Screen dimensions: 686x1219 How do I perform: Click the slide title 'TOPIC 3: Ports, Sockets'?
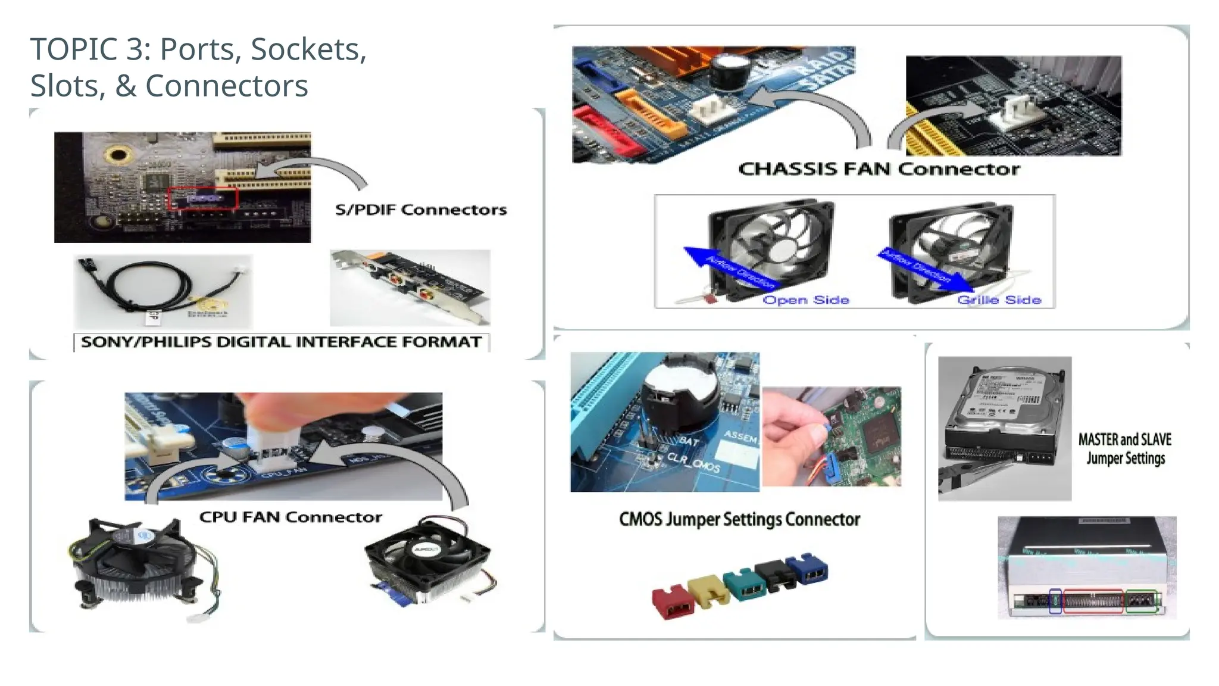[x=198, y=49]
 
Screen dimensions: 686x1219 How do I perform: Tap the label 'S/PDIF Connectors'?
[x=421, y=210]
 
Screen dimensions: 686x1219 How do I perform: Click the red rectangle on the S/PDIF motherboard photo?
[x=203, y=198]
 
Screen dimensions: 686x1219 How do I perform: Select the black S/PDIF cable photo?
[x=163, y=291]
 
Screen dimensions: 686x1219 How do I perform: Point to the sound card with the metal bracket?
[x=410, y=288]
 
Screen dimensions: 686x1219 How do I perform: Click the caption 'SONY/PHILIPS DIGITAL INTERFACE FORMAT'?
[x=281, y=342]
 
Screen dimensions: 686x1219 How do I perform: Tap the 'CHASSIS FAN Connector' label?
[x=879, y=169]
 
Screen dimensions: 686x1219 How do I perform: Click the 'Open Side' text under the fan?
[x=805, y=300]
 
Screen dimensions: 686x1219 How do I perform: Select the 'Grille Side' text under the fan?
[x=999, y=300]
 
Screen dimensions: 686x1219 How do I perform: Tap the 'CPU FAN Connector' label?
[x=290, y=517]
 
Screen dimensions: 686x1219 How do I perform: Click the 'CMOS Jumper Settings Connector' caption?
[x=739, y=519]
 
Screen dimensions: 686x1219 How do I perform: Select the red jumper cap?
[x=673, y=602]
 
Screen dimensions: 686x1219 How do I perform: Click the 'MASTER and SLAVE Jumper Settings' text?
[x=1124, y=448]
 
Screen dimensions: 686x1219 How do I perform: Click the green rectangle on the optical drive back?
[x=1141, y=601]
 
